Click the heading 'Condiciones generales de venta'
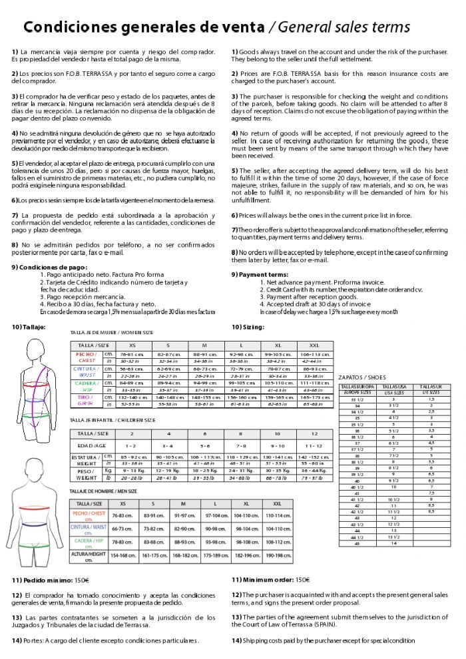click(x=142, y=27)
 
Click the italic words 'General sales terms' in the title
click(x=344, y=27)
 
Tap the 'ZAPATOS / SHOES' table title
click(x=362, y=377)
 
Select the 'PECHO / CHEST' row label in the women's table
click(x=87, y=358)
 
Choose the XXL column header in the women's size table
click(x=314, y=345)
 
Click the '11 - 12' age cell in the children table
click(x=314, y=445)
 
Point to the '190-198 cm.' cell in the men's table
click(x=278, y=555)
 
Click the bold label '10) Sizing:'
click(x=248, y=327)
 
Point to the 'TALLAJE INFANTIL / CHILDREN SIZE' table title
click(x=113, y=420)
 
